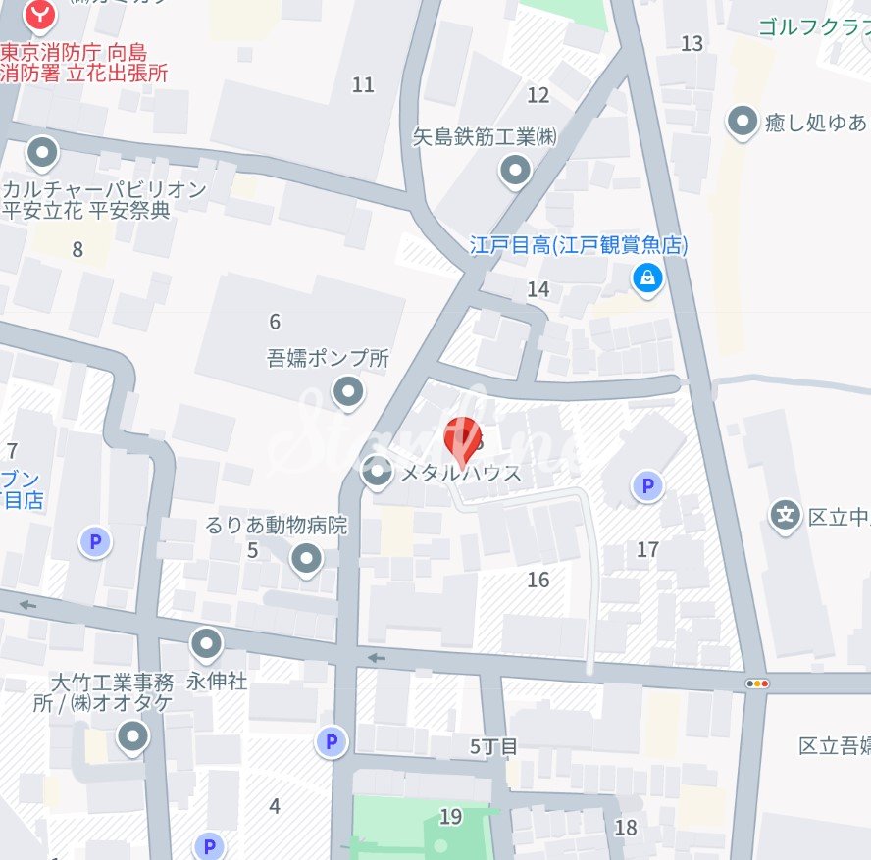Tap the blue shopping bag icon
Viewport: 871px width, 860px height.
[647, 278]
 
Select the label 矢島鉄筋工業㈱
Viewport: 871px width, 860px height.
[485, 137]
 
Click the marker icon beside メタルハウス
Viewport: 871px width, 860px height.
[378, 473]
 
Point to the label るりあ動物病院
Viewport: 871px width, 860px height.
[277, 526]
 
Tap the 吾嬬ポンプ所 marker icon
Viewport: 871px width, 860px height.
[348, 394]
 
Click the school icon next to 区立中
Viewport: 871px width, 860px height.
[785, 514]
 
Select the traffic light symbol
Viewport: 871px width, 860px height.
[757, 683]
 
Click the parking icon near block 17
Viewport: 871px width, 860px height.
[645, 485]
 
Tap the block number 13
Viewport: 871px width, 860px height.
[692, 43]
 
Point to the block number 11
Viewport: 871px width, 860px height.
[363, 85]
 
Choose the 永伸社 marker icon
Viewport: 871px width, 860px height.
[206, 645]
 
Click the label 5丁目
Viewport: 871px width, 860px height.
[492, 747]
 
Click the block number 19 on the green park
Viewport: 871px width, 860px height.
[450, 816]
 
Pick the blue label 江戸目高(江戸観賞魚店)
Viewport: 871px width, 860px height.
[579, 245]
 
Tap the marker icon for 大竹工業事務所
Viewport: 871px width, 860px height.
[132, 736]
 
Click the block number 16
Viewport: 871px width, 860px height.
[538, 580]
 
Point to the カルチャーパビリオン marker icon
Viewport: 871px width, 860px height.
[41, 152]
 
